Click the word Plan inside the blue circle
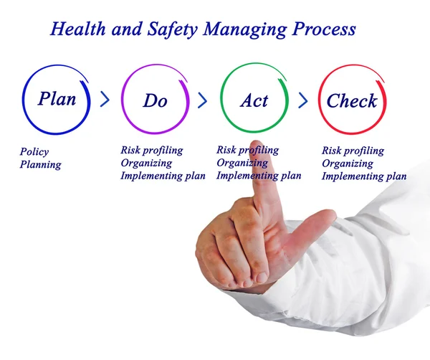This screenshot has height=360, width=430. tap(57, 98)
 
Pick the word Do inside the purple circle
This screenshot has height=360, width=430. tap(155, 101)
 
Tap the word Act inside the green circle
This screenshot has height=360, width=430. tap(254, 100)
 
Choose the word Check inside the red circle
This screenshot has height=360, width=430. tap(351, 101)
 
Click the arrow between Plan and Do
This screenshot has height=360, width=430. tap(105, 99)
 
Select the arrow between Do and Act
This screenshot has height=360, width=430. tap(203, 99)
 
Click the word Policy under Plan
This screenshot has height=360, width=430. tap(34, 152)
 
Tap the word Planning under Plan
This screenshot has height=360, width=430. tap(41, 165)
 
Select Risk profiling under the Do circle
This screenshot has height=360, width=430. tap(152, 151)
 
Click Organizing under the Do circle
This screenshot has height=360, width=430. tap(146, 163)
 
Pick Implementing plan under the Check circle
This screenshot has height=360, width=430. tap(364, 176)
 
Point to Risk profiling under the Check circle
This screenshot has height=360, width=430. tap(353, 151)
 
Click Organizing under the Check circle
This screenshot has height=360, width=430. tap(347, 164)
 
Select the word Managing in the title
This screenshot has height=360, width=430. tap(240, 30)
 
